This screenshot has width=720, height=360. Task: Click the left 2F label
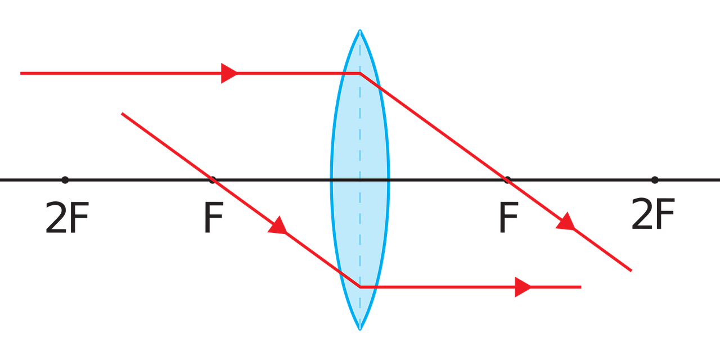[67, 217]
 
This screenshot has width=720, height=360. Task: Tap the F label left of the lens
[214, 217]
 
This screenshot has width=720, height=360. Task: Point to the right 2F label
[653, 214]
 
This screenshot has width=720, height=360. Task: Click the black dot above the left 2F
[65, 180]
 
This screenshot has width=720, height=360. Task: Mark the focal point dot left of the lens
[212, 180]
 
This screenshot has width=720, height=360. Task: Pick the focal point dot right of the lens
[507, 180]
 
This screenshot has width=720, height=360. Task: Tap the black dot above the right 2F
[655, 180]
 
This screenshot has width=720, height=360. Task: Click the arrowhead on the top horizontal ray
[229, 73]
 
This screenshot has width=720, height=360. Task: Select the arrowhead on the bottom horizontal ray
[523, 287]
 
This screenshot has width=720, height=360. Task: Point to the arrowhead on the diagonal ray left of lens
[278, 226]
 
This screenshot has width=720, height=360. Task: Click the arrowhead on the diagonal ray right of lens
[566, 222]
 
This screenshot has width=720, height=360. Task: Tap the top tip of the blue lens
[360, 30]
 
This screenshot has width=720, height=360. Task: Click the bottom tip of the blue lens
[360, 329]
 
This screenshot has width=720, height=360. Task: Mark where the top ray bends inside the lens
[360, 74]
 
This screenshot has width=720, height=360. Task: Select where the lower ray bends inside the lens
[360, 287]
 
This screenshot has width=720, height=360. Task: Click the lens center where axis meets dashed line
[360, 180]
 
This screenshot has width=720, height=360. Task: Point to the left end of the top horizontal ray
[21, 73]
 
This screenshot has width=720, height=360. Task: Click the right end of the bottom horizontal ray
[581, 287]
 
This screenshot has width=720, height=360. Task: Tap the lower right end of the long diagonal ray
[631, 271]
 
